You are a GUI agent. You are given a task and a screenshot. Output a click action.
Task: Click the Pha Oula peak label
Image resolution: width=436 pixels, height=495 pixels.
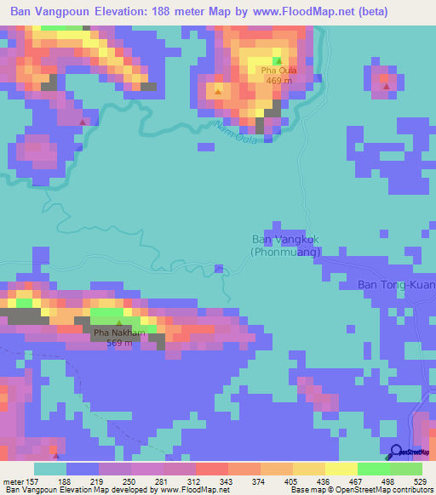278,71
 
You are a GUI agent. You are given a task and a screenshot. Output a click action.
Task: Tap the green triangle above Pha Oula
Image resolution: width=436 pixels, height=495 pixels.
278,60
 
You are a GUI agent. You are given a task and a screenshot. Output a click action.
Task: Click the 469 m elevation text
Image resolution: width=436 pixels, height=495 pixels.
278,81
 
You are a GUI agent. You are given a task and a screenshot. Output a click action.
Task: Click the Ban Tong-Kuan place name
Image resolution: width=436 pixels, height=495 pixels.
396,285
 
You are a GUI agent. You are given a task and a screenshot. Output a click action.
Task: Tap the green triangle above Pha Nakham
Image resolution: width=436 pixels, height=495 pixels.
118,323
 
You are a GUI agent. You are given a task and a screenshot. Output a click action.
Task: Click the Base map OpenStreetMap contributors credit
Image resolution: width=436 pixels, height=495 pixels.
360,490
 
